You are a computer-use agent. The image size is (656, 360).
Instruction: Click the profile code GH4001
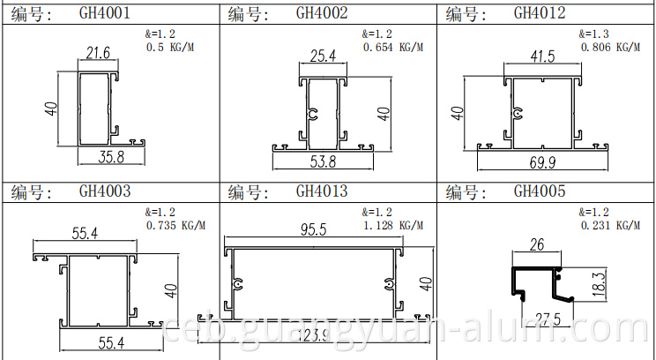coord(105,13)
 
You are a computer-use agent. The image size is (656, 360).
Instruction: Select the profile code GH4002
coord(322,13)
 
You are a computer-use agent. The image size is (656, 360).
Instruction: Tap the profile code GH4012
coord(540,13)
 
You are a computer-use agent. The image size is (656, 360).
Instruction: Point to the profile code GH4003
coord(105,191)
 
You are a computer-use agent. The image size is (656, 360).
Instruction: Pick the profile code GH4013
coord(322,191)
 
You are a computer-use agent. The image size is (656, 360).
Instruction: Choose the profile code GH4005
coord(540,191)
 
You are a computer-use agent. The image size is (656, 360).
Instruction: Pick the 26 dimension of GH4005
coord(536,245)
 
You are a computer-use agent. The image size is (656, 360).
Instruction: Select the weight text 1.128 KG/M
coord(391,226)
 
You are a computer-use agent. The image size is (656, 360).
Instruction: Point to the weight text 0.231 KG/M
coord(609,226)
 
